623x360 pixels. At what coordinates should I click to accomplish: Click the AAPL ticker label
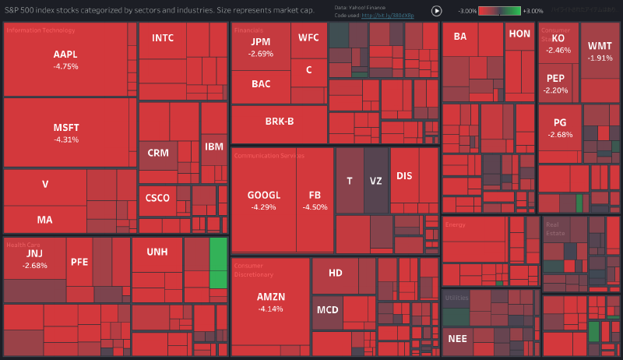click(x=65, y=55)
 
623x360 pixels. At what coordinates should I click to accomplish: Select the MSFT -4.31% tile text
click(x=65, y=132)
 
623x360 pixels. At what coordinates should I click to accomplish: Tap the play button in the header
click(x=436, y=11)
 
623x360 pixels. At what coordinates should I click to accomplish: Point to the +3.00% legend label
click(x=533, y=11)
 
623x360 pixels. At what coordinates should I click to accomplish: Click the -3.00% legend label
click(x=467, y=11)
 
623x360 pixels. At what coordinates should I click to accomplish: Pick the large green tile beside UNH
click(x=218, y=263)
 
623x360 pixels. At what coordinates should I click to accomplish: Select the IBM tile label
click(x=213, y=146)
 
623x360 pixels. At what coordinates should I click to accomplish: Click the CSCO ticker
click(x=157, y=198)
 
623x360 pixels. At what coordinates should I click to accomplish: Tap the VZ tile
click(x=376, y=181)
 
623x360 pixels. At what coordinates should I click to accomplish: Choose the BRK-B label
click(x=279, y=121)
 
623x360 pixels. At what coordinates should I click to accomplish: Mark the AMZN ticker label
click(x=271, y=297)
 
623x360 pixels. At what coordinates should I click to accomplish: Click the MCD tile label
click(x=327, y=309)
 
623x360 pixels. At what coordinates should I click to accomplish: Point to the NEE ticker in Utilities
click(x=457, y=338)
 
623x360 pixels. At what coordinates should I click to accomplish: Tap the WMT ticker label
click(x=600, y=46)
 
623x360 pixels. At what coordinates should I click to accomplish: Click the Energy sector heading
click(x=455, y=224)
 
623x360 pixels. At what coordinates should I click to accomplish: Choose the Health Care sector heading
click(x=23, y=245)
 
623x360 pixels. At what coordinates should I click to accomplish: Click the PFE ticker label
click(x=79, y=262)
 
